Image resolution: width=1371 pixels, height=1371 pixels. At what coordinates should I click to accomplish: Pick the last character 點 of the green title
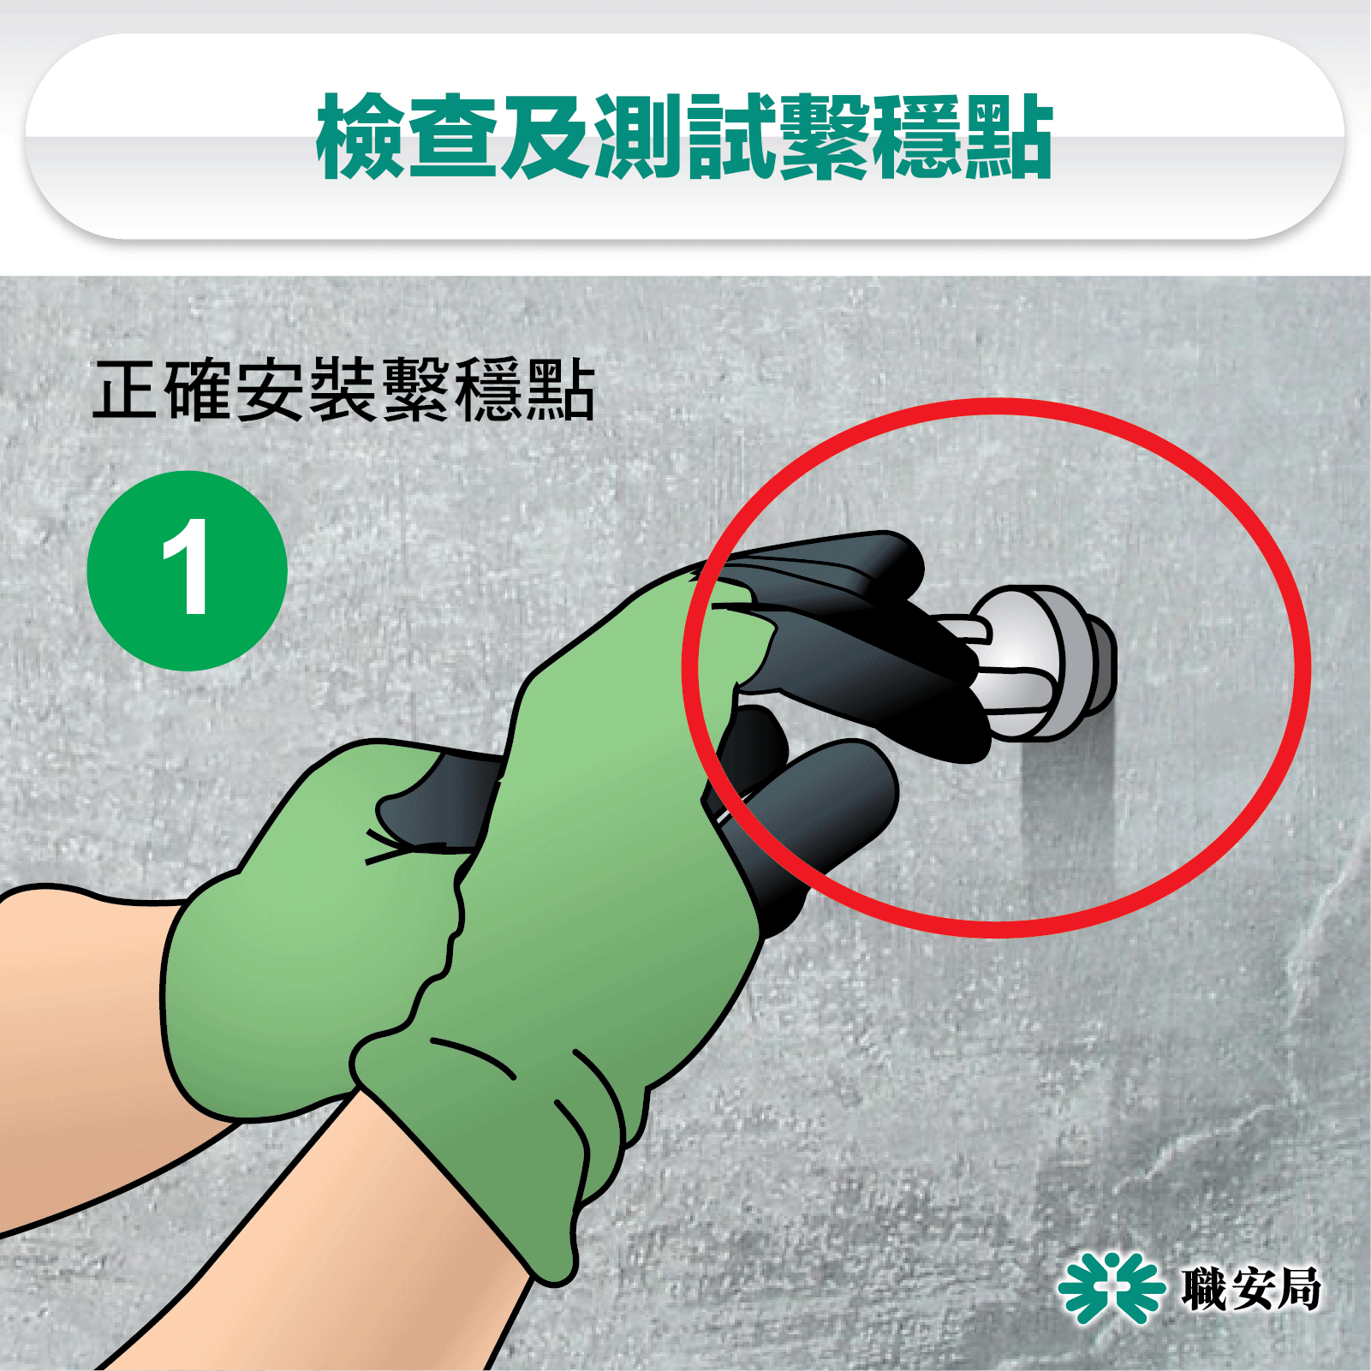[1008, 137]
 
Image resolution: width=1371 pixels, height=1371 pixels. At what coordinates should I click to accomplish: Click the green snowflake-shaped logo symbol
[1112, 1287]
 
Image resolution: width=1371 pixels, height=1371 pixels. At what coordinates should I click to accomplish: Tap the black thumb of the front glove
[822, 814]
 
